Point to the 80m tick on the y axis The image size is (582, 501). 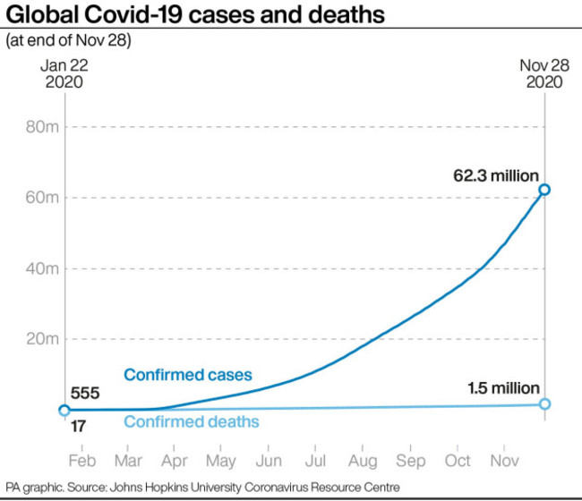(x=43, y=127)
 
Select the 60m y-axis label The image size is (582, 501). (x=43, y=198)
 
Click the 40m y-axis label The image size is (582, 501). (x=43, y=268)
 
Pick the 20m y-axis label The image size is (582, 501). (x=43, y=339)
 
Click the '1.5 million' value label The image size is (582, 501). (x=504, y=387)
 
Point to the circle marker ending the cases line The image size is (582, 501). (x=544, y=190)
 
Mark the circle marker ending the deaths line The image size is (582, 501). (x=544, y=404)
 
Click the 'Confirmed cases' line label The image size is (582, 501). (x=188, y=375)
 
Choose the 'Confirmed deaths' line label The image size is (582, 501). (x=191, y=421)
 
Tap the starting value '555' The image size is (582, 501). (x=85, y=393)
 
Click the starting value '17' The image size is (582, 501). (x=78, y=428)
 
